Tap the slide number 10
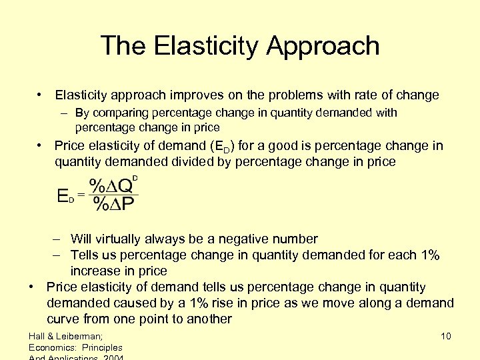click(x=446, y=336)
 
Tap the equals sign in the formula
click(x=81, y=195)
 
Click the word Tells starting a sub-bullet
click(x=85, y=255)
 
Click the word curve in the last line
click(x=63, y=319)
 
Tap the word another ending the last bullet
click(x=208, y=319)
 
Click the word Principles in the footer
click(x=101, y=347)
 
